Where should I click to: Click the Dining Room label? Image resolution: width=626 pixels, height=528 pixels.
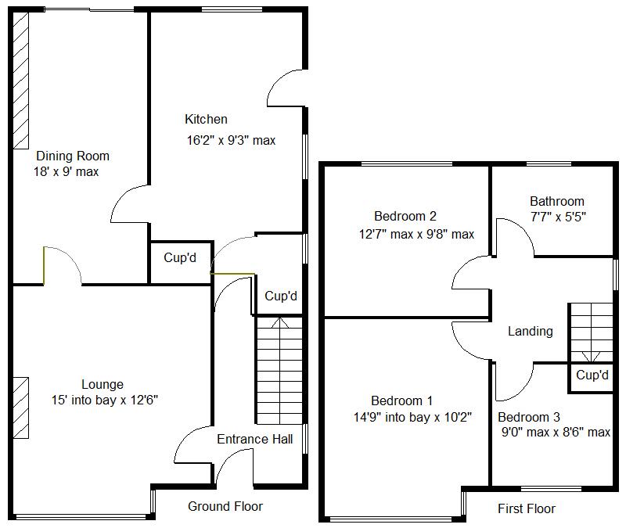(73, 156)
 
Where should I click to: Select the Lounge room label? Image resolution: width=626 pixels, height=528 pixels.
(103, 384)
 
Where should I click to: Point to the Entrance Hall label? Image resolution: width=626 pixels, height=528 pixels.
(254, 439)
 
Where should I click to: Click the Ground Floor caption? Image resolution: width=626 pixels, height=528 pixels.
(225, 506)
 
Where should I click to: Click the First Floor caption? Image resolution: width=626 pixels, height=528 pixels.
(527, 508)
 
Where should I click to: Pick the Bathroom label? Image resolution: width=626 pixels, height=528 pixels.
(556, 201)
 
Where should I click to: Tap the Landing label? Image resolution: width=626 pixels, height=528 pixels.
(530, 331)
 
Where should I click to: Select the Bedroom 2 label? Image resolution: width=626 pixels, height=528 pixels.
(405, 217)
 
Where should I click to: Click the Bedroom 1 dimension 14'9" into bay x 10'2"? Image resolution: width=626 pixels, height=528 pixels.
(412, 418)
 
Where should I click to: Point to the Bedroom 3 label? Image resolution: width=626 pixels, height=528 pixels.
(528, 417)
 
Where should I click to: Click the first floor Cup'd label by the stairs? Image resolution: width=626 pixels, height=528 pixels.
(592, 375)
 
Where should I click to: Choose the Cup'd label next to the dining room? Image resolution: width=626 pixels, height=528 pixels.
(180, 258)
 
